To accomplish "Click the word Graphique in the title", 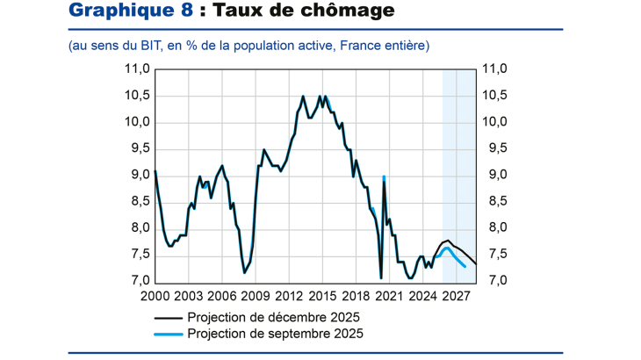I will (x=117, y=11).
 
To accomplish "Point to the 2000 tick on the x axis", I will (x=155, y=296).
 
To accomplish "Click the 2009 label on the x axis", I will (x=255, y=296).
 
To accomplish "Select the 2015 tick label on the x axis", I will (x=322, y=296).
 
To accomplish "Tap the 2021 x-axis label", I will (x=389, y=296).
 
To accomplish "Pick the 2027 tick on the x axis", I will (x=456, y=296).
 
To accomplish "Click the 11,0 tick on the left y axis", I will (x=135, y=69).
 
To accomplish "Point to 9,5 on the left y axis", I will (x=137, y=148).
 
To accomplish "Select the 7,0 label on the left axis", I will (x=137, y=281).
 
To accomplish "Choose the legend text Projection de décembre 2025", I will (x=273, y=317).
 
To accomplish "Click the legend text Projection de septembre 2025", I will (x=275, y=334).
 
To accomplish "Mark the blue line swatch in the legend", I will (x=169, y=335).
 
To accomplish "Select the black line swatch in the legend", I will (x=169, y=317).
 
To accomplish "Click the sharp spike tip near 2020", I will (x=384, y=177).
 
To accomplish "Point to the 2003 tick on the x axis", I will (x=188, y=296).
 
